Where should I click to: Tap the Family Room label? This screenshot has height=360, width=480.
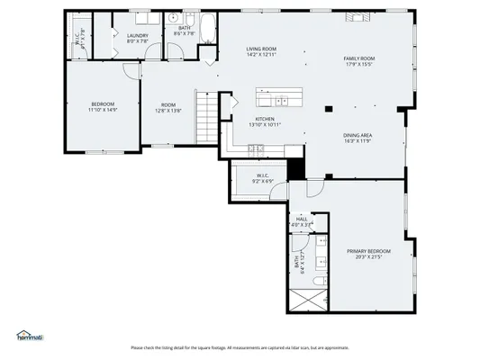[x=358, y=58]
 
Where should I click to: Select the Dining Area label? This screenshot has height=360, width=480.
[x=358, y=136]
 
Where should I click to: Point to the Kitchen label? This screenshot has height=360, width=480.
[x=264, y=119]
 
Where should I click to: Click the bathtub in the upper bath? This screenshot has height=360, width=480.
[x=207, y=29]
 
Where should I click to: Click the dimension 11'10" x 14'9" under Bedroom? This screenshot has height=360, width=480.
[x=103, y=109]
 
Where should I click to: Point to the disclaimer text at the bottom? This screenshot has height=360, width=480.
[x=240, y=347]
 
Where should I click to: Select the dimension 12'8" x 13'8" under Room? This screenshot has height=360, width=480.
[x=168, y=110]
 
